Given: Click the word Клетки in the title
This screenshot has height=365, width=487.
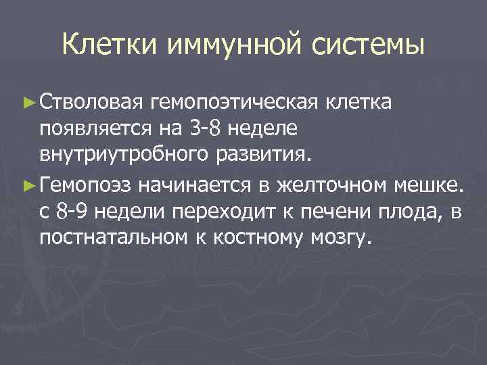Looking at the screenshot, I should (x=108, y=46).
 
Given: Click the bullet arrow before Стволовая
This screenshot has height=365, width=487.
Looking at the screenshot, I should (x=28, y=102).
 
